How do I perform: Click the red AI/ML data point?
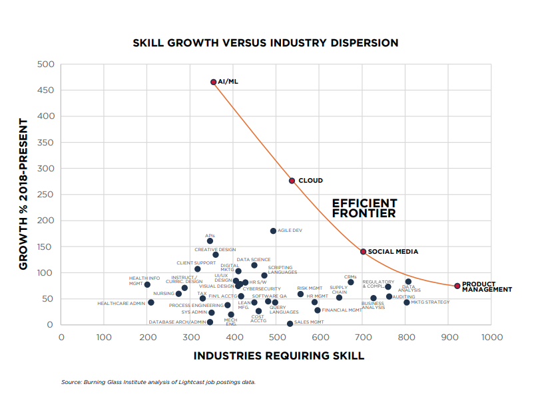click(214, 82)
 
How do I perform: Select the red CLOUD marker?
click(292, 181)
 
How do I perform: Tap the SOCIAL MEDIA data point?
click(363, 252)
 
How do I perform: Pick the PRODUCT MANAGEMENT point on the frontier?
click(457, 286)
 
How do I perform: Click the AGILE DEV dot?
click(273, 231)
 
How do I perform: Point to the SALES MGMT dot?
click(290, 324)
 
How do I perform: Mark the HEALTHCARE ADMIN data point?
click(151, 302)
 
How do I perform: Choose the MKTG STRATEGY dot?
click(407, 302)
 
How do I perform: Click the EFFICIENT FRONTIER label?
click(364, 209)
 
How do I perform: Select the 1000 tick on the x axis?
click(491, 338)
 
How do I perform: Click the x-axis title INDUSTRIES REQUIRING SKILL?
click(278, 355)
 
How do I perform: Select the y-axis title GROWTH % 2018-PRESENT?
click(23, 194)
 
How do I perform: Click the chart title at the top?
click(265, 43)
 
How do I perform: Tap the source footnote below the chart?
click(158, 382)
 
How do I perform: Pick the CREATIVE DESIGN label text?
click(215, 250)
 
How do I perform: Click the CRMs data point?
click(351, 282)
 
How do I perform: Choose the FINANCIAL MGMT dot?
click(318, 310)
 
